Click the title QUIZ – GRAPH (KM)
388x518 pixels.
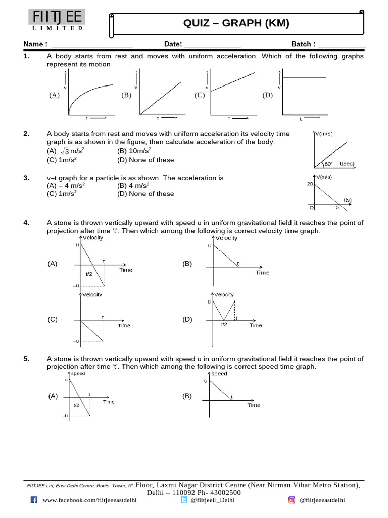pyautogui.click(x=236, y=23)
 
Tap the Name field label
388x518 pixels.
pyautogui.click(x=35, y=44)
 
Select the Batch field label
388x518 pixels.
pyautogui.click(x=303, y=44)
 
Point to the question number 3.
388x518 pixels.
pyautogui.click(x=26, y=178)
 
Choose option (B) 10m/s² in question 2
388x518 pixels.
pyautogui.click(x=134, y=151)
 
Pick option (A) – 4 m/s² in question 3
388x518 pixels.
pyautogui.click(x=66, y=186)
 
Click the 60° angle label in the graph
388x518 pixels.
pyautogui.click(x=328, y=164)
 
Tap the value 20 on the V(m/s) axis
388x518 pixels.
pyautogui.click(x=310, y=184)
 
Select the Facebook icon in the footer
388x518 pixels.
pyautogui.click(x=34, y=500)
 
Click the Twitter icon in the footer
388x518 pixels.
pyautogui.click(x=184, y=500)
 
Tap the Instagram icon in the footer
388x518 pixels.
pyautogui.click(x=292, y=500)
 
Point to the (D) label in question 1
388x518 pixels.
pyautogui.click(x=267, y=95)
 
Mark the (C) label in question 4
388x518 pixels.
pyautogui.click(x=53, y=320)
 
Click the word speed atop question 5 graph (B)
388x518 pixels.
pyautogui.click(x=219, y=374)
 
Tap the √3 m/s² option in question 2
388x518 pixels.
pyautogui.click(x=70, y=151)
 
